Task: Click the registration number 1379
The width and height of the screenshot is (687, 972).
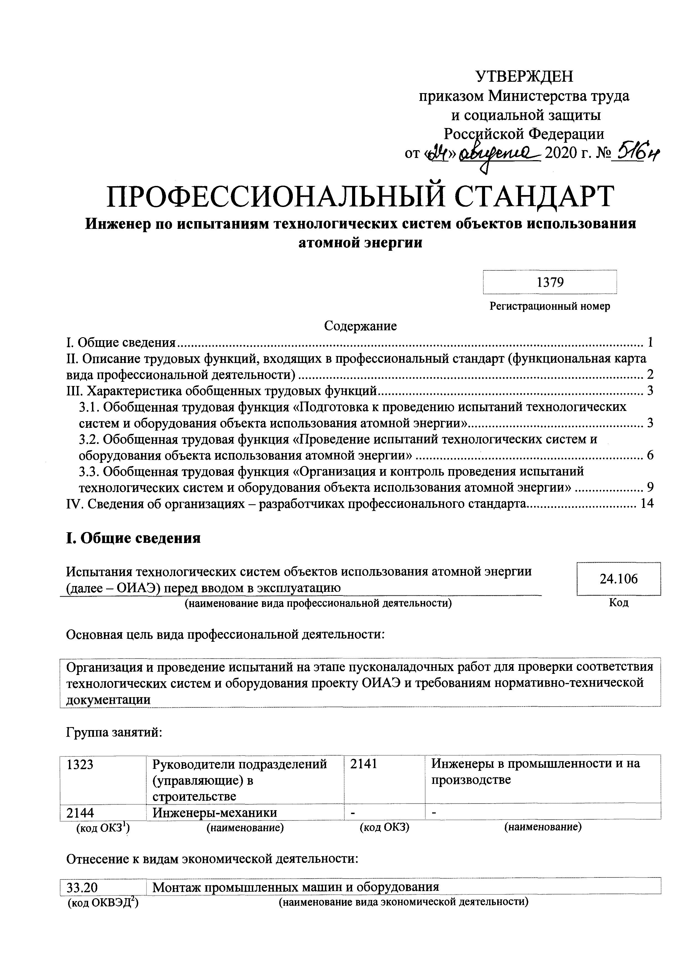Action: click(550, 282)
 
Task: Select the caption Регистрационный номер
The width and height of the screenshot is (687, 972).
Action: click(550, 306)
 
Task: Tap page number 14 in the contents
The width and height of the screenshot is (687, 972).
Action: click(647, 503)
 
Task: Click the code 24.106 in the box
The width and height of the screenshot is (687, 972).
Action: click(618, 579)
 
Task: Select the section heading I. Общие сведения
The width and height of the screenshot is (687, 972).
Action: click(133, 538)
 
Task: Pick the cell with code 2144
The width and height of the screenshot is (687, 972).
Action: click(80, 813)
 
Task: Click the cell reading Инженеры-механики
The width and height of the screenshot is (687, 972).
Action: click(215, 813)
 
